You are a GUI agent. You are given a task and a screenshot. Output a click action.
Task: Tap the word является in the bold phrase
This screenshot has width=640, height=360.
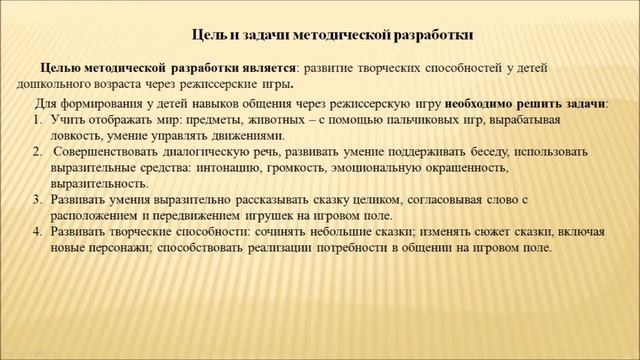point(267,66)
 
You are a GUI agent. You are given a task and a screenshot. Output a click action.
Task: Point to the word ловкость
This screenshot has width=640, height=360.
point(77,135)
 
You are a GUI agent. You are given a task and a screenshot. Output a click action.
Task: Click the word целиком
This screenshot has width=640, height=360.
point(360,201)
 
